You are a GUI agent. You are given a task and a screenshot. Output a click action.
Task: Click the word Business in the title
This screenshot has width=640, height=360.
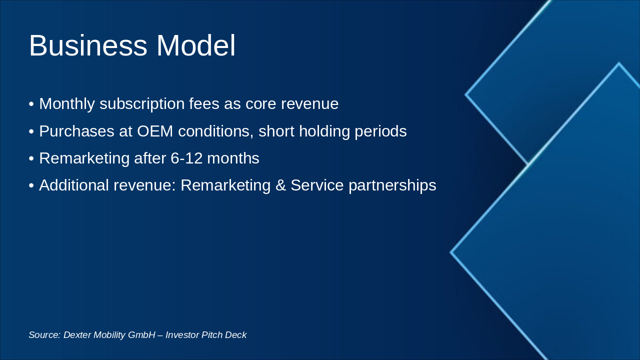(x=88, y=46)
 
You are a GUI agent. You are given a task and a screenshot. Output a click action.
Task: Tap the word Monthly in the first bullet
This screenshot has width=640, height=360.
(x=67, y=104)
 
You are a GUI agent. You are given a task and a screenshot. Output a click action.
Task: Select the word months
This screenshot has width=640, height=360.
(x=233, y=158)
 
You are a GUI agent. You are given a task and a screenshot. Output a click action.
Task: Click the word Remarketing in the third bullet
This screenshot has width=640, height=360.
(x=84, y=158)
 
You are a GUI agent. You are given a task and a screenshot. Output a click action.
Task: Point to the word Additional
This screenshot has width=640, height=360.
(x=74, y=185)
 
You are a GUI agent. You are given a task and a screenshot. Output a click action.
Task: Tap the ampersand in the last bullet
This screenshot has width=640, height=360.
(x=280, y=185)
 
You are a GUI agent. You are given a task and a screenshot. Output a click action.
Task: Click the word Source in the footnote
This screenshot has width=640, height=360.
(x=44, y=335)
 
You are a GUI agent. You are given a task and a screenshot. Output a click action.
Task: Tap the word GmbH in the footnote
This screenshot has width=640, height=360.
(x=141, y=335)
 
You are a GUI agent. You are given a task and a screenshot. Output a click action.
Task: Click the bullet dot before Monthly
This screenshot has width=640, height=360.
(x=31, y=104)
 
